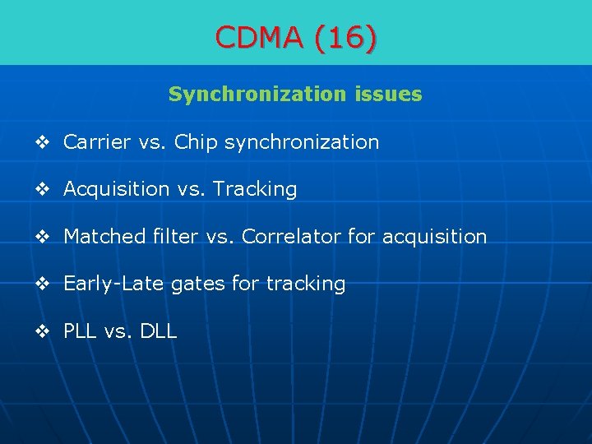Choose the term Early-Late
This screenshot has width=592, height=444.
[114, 284]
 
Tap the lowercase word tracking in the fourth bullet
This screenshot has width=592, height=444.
[304, 284]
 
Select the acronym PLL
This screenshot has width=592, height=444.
[81, 331]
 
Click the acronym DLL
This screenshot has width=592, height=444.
[158, 331]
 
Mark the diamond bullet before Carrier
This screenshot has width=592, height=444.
[43, 143]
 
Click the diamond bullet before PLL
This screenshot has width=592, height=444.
[43, 332]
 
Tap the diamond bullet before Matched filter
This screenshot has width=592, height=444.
[43, 238]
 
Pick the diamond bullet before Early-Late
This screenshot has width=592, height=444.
[43, 284]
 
